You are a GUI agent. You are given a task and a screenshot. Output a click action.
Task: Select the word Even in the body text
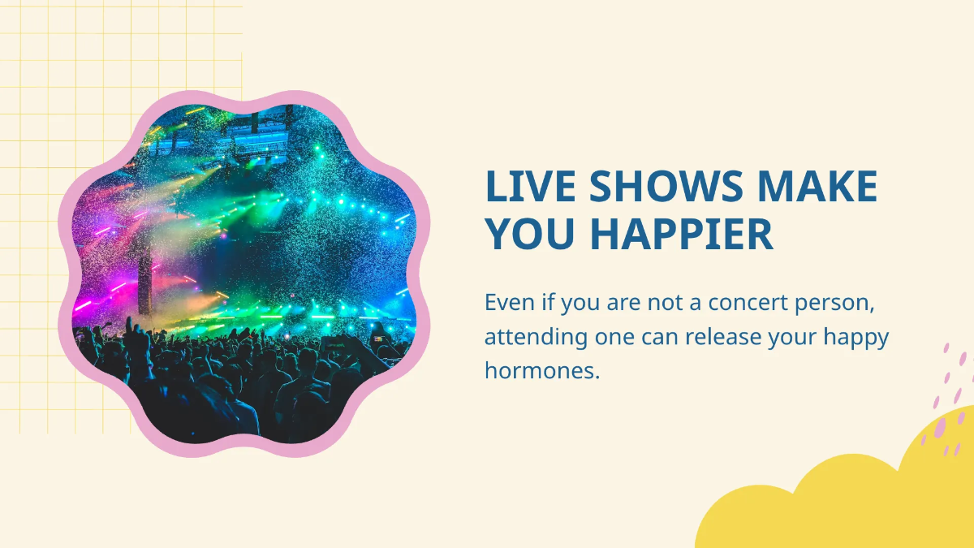tap(510, 303)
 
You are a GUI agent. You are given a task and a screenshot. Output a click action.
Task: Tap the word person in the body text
tap(845, 303)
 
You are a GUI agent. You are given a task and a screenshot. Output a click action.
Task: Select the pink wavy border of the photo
tap(243, 103)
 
